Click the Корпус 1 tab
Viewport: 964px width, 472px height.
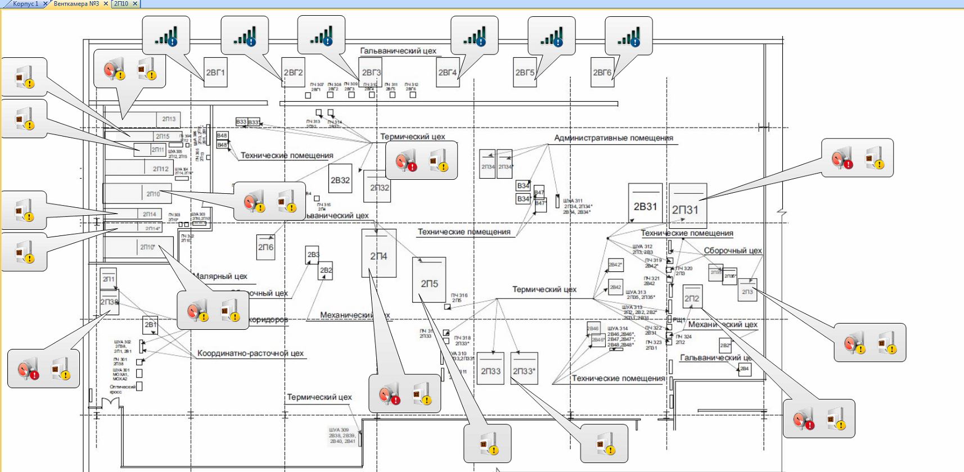(26, 4)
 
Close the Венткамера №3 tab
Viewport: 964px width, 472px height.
(106, 4)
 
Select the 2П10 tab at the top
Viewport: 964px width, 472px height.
(121, 4)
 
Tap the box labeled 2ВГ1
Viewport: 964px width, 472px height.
(215, 72)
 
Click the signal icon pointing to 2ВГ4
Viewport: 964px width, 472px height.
(474, 36)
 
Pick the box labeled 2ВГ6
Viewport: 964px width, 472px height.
(602, 72)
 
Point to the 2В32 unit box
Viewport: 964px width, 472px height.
(340, 180)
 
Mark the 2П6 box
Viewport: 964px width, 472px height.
(265, 247)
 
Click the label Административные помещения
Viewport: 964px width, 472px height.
(613, 138)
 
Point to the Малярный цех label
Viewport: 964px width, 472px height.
(220, 276)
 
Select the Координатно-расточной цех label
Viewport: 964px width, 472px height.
(250, 353)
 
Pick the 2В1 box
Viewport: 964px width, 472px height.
(151, 325)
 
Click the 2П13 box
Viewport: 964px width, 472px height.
(169, 119)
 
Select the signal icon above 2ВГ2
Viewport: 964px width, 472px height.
(244, 36)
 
